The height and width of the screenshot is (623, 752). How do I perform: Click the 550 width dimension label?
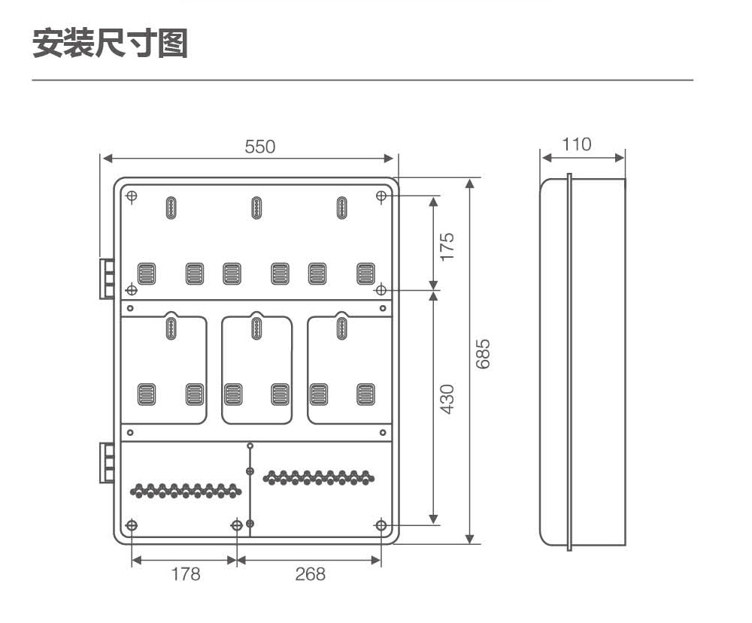tap(260, 147)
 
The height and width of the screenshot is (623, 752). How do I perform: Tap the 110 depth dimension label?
tap(577, 144)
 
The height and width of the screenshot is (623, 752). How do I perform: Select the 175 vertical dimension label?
tap(447, 246)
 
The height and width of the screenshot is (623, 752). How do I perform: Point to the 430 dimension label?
tap(447, 399)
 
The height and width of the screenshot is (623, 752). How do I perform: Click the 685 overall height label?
tap(483, 354)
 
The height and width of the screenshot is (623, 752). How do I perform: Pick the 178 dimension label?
tap(186, 573)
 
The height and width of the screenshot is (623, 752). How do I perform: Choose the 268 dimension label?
tap(311, 573)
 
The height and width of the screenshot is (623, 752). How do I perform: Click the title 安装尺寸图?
tap(110, 43)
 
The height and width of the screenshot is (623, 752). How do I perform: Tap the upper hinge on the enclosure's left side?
tap(107, 278)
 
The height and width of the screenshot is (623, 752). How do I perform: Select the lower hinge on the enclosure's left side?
tap(107, 463)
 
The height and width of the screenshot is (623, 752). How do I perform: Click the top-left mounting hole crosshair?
tap(132, 196)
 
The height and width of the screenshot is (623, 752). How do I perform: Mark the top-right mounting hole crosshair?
tap(381, 196)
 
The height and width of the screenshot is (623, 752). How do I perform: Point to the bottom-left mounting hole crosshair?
tap(132, 525)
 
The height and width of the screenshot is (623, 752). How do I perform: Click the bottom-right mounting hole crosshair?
tap(381, 525)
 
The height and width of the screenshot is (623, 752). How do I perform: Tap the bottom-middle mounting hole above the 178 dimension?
tap(237, 525)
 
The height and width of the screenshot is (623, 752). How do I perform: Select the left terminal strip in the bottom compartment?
tap(186, 491)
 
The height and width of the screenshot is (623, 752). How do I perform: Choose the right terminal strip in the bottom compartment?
tap(319, 478)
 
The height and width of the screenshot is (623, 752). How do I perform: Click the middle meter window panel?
tap(256, 369)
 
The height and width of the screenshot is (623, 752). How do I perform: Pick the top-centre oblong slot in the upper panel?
tap(256, 208)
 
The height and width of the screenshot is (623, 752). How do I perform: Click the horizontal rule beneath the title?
tap(362, 80)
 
